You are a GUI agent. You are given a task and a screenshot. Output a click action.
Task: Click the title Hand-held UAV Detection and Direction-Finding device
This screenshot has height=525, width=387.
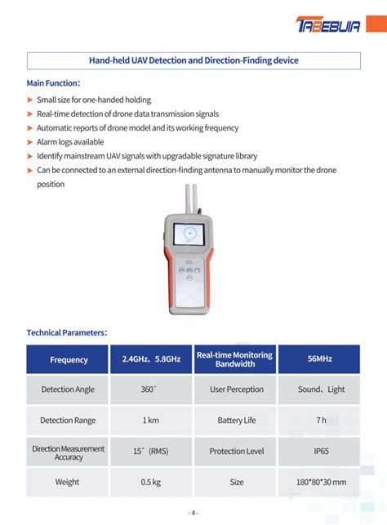click(x=193, y=60)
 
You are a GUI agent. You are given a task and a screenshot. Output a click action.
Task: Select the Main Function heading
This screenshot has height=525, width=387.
click(x=53, y=83)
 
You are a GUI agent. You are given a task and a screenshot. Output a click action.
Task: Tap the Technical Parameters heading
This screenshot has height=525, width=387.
click(x=67, y=332)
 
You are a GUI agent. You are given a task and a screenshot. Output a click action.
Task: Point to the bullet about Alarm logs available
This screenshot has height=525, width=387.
click(x=70, y=142)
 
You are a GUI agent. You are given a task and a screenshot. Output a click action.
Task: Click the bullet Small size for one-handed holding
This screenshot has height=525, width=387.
click(x=94, y=100)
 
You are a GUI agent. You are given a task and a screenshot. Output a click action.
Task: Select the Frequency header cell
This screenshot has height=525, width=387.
click(x=69, y=359)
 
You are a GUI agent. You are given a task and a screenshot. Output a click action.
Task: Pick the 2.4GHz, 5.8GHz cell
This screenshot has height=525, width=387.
click(x=151, y=359)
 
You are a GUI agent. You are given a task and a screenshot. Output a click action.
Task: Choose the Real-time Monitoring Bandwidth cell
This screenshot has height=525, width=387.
click(x=235, y=359)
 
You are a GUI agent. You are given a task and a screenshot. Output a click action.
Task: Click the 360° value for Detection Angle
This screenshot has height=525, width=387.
click(x=149, y=389)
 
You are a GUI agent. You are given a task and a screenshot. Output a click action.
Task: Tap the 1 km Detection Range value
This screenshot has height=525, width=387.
click(x=150, y=420)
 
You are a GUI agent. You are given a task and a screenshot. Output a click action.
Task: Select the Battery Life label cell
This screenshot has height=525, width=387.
click(x=236, y=420)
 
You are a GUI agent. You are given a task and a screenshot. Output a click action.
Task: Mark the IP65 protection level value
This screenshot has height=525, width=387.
click(x=319, y=451)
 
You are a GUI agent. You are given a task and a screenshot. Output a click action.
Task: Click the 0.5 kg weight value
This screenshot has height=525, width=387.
click(x=150, y=482)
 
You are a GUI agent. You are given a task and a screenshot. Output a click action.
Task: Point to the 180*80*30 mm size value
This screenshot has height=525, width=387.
click(x=321, y=482)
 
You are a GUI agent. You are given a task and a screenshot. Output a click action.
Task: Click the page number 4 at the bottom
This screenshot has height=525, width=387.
click(x=193, y=513)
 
